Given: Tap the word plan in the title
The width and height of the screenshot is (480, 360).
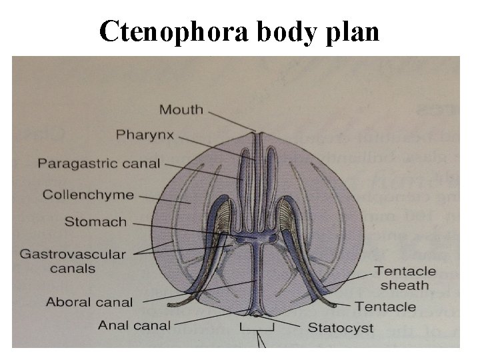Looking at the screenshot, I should (x=355, y=31).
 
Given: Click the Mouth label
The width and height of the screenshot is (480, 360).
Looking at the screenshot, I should (x=181, y=109).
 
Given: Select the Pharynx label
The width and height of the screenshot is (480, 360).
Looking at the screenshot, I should (x=145, y=135).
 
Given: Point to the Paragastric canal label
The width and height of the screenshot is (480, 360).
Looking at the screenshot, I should (x=99, y=163).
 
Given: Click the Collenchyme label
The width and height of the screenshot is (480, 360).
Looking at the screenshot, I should (x=88, y=195).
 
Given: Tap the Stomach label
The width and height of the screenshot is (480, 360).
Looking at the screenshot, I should (x=95, y=221).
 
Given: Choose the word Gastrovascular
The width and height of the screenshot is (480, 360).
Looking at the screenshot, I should (x=72, y=254).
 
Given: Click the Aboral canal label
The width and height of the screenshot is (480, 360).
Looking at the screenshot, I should (x=89, y=302).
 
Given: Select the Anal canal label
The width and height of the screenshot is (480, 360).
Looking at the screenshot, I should (x=134, y=325).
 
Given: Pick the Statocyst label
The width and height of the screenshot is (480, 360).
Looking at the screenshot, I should (x=340, y=327).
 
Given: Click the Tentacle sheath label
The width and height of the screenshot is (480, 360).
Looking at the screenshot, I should (x=405, y=278).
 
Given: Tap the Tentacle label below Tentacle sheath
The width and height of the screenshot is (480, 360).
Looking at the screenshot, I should (x=385, y=307).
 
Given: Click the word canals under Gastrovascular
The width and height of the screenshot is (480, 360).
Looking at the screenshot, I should (x=72, y=268).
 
